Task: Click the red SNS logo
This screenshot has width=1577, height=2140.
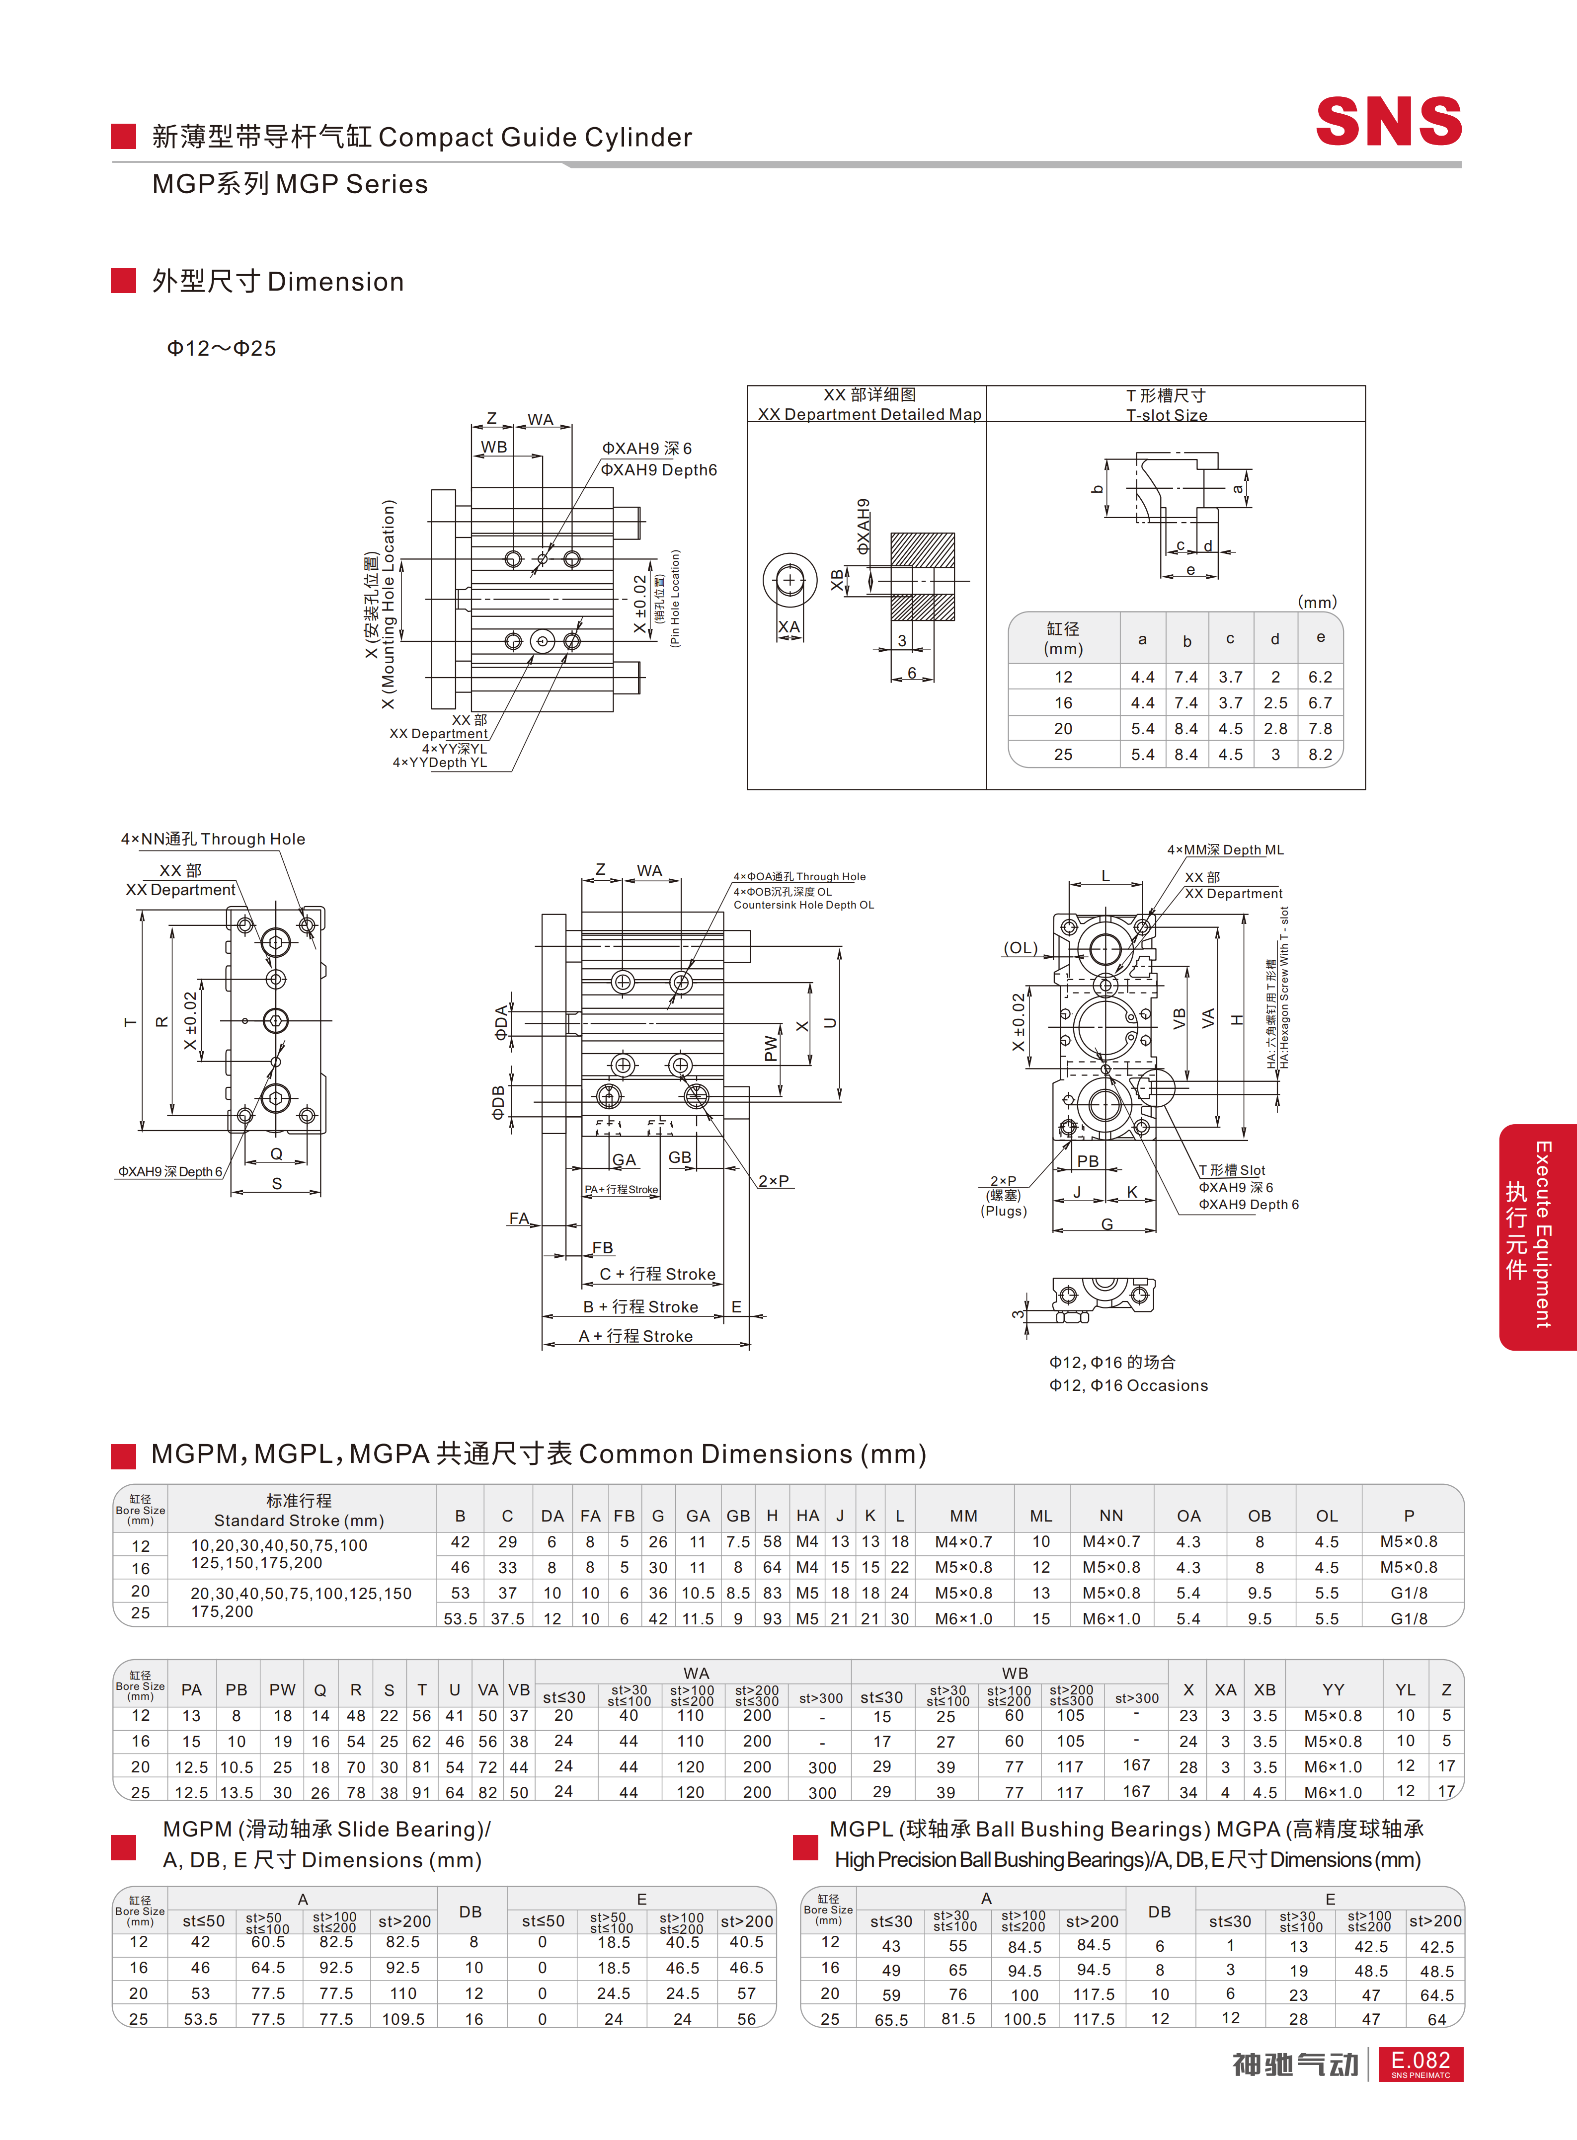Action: pos(1389,121)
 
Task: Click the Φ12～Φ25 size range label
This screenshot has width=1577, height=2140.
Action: pos(222,348)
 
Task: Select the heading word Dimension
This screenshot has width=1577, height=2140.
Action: pos(336,282)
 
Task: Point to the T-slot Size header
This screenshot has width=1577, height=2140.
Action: pos(1167,415)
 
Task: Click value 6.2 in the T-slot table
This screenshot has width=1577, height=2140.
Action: pos(1320,677)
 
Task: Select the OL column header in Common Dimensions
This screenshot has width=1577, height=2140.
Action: pos(1327,1516)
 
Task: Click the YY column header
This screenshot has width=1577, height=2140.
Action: pos(1334,1689)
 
